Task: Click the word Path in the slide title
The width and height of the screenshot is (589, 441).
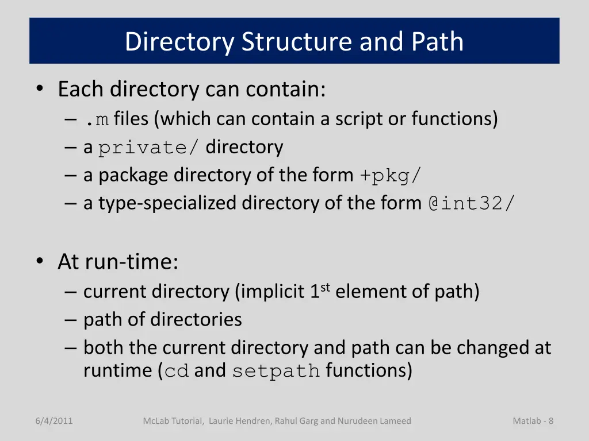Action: [437, 42]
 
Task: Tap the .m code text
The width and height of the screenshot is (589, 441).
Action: [96, 119]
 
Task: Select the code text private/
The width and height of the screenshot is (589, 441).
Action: [149, 148]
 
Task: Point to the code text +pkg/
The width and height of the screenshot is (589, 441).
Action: [391, 176]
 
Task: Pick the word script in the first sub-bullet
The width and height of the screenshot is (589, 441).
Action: [360, 119]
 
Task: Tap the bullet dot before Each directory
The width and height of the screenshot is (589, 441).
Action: [39, 90]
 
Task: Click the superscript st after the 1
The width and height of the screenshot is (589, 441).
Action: [325, 288]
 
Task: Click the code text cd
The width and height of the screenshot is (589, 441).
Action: [177, 371]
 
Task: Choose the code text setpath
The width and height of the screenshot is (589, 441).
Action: [276, 371]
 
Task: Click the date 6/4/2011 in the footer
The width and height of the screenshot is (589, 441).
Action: [53, 421]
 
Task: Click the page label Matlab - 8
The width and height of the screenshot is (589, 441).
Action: [533, 421]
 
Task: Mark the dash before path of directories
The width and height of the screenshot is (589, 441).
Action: [71, 320]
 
